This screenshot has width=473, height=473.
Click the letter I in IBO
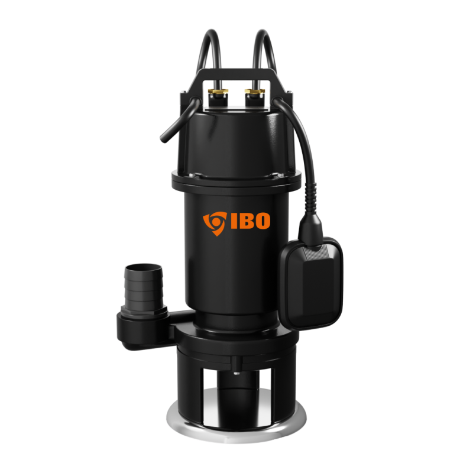point(234,221)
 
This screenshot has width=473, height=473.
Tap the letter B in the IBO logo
point(245,221)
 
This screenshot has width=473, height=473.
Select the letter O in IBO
point(261,221)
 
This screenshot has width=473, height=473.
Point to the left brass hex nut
point(218,92)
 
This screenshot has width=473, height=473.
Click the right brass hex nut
point(254,92)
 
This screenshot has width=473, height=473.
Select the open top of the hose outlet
point(144,268)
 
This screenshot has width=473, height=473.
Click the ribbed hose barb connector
point(144,287)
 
